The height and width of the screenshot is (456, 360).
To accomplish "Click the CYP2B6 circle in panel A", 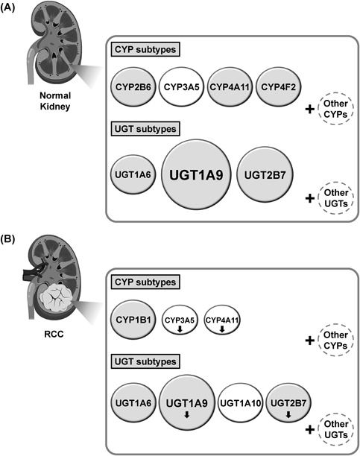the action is coord(133,86).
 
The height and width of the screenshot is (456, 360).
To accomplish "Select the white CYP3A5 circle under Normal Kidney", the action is coord(181,86).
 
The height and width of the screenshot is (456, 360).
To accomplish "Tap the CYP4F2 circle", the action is coord(278,86).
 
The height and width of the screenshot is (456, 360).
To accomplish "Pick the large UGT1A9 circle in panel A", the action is coord(196,174).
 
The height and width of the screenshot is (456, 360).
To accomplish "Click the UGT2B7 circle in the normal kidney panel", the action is coord(265,175).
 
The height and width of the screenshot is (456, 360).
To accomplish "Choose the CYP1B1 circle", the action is coord(133,320).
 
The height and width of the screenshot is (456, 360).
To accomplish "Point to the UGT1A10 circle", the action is coord(241,403).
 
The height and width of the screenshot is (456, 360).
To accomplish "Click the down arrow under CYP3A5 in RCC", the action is coord(180,329).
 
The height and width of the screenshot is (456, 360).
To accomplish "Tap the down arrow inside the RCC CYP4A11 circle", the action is coord(222,329).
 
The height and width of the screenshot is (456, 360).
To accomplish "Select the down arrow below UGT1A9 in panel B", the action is coord(187,414).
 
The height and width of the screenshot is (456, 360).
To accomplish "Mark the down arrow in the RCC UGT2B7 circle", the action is coord(288,414).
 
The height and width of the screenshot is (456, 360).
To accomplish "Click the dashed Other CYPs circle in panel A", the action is coord(335,109).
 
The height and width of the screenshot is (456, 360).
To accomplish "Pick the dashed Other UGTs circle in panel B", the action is coord(335,429).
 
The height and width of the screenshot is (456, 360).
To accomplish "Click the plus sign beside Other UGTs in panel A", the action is coord(310,198).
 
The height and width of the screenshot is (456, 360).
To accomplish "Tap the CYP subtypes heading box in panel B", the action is coord(145,282).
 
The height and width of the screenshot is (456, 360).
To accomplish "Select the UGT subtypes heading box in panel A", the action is coord(145,129).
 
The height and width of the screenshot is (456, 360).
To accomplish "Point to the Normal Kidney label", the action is coord(55,101).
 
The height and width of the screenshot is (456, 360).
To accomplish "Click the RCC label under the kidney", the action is coord(54,334).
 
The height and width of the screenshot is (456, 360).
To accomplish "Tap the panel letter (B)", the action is coord(7,240).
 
